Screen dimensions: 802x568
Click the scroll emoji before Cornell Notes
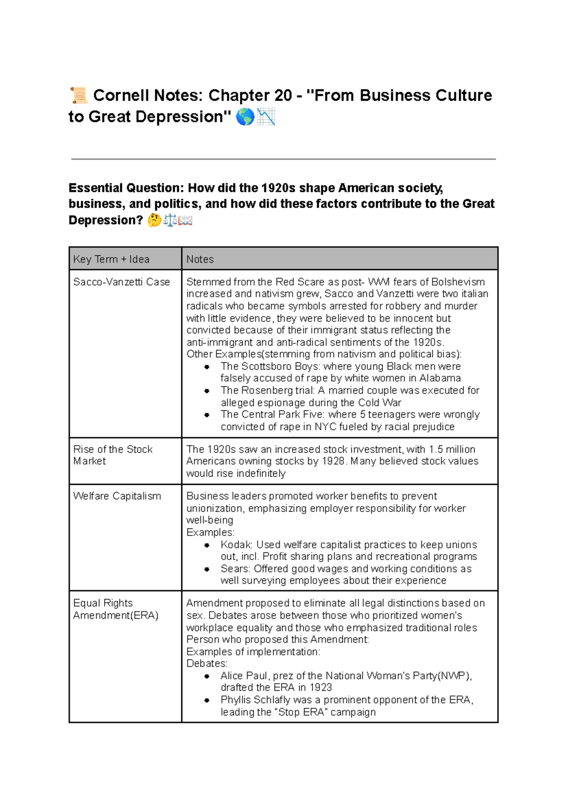[79, 95]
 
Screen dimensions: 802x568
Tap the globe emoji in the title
[245, 117]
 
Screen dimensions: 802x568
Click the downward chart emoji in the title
[266, 117]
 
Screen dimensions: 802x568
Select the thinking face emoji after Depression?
[154, 221]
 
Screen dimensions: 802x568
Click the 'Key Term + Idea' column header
[111, 259]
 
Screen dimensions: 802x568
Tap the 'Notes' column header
[200, 259]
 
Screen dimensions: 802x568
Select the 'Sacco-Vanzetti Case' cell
[121, 282]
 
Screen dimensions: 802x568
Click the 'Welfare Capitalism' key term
[117, 496]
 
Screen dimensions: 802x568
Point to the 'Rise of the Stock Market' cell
[113, 455]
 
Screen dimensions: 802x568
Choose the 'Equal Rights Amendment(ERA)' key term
[115, 609]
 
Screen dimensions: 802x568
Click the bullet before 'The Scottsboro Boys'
[207, 367]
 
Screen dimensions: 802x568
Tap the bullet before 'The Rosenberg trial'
[207, 391]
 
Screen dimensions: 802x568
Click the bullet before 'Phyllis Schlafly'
[207, 700]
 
